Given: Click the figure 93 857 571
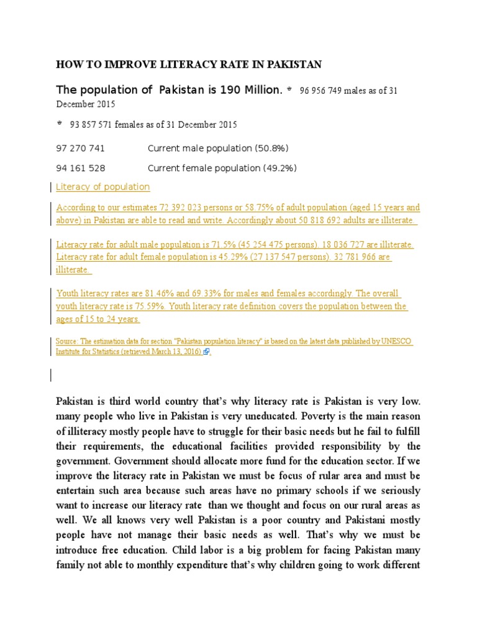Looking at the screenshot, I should [96, 125].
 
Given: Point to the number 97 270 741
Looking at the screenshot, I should [81, 148].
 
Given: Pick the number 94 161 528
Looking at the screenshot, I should [81, 168].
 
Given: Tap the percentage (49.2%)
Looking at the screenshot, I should [281, 168].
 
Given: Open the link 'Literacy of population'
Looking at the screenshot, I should [102, 187].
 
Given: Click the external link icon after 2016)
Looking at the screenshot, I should [207, 352].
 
